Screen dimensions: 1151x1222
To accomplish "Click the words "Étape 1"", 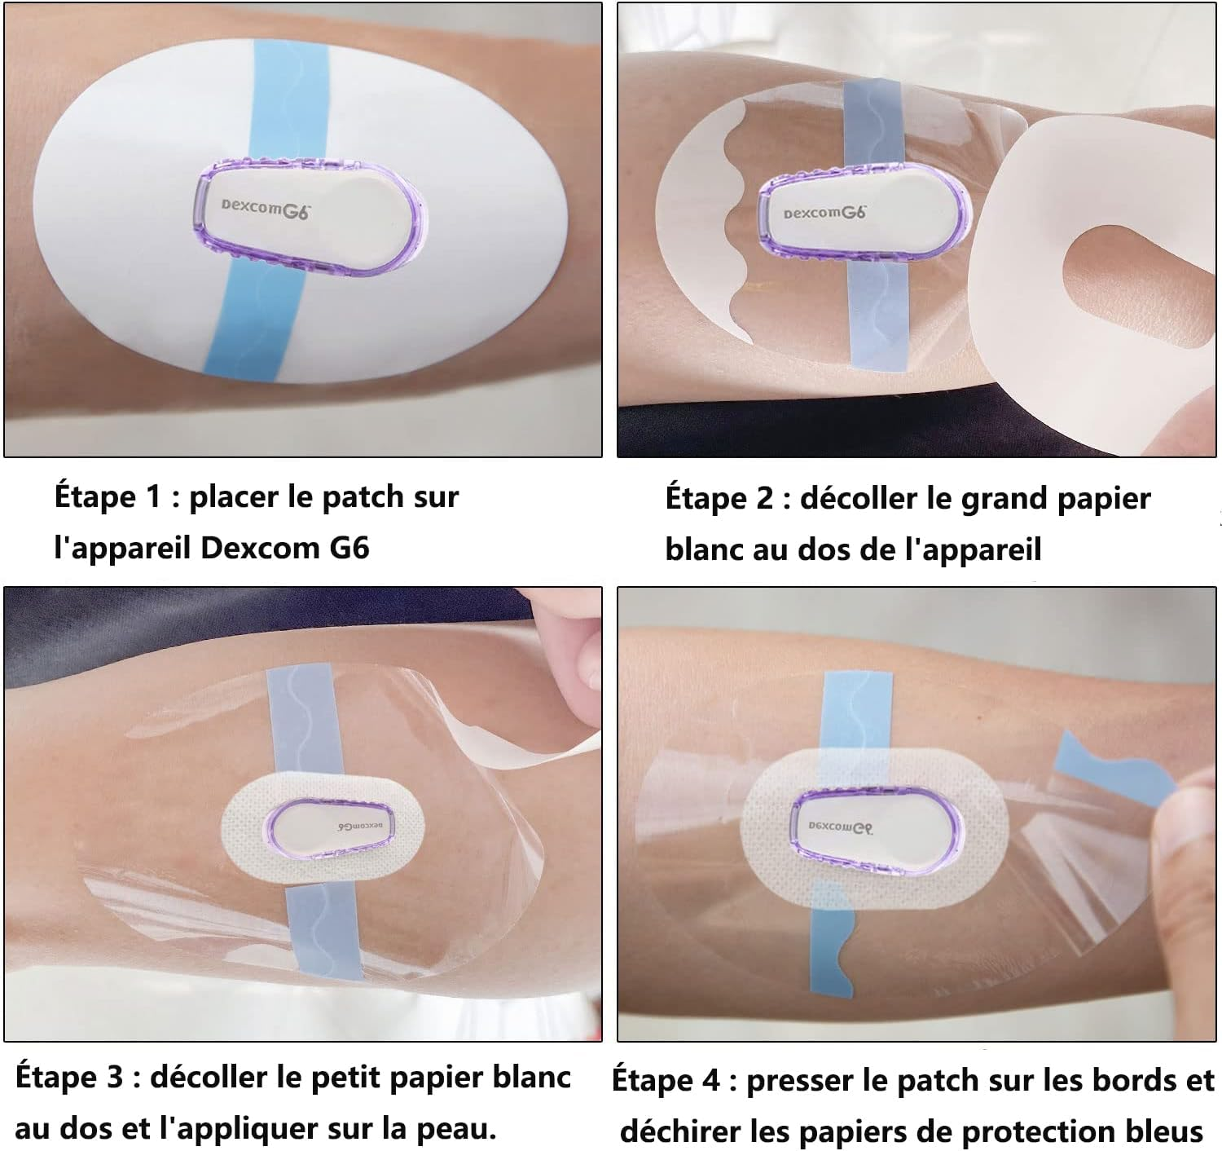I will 108,496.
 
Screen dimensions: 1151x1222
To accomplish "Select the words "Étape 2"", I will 719,498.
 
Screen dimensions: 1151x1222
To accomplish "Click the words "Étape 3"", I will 69,1078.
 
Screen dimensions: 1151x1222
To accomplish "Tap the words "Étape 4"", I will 666,1081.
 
